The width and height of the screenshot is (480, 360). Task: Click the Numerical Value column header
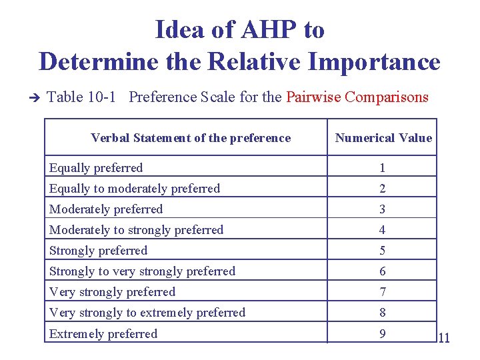point(383,138)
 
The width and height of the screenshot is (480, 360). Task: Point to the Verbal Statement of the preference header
point(191,138)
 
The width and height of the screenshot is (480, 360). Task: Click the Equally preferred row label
point(96,167)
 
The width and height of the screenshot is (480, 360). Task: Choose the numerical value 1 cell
point(383,168)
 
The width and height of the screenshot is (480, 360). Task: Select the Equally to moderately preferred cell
point(135,189)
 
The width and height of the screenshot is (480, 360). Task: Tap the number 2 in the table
point(383,189)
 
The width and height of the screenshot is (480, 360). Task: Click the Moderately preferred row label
point(106,209)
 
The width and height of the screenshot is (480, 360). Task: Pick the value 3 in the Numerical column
point(383,209)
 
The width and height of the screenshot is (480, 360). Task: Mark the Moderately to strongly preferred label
point(137,230)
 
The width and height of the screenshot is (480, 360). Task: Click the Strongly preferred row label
point(98,251)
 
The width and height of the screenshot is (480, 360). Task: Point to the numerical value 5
point(383,251)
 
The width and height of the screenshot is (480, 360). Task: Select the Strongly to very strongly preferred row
point(142,271)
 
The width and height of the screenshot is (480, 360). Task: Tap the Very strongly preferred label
point(112,292)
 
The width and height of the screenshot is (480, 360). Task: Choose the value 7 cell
point(383,292)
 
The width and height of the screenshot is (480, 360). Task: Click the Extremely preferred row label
point(103,333)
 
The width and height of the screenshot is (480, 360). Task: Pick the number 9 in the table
point(383,333)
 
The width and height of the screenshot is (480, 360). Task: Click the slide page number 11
point(444,339)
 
